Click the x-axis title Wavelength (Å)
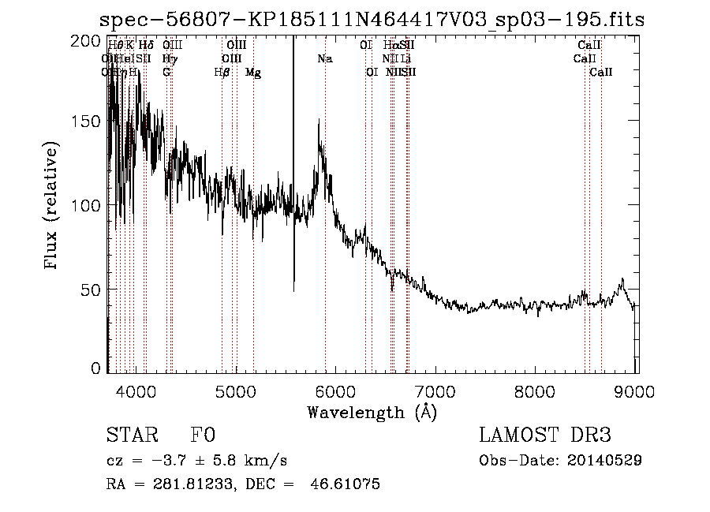[x=372, y=411]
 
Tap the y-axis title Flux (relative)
[x=53, y=207]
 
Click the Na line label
[x=325, y=59]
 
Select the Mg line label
[x=253, y=73]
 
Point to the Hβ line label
[x=222, y=73]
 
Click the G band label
[x=166, y=73]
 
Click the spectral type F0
[x=203, y=435]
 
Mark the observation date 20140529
[x=607, y=460]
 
